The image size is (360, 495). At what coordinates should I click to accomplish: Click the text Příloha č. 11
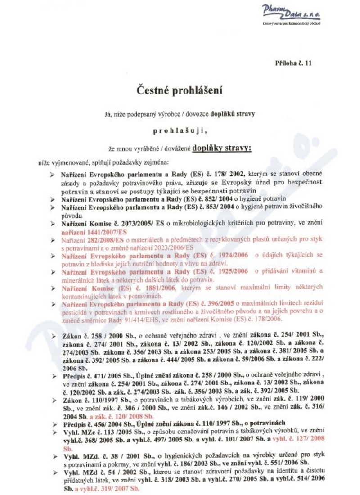coord(293,63)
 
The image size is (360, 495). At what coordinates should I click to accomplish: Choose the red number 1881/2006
coord(165,288)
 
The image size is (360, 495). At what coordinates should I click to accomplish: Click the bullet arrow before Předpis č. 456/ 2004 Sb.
coord(54,423)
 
